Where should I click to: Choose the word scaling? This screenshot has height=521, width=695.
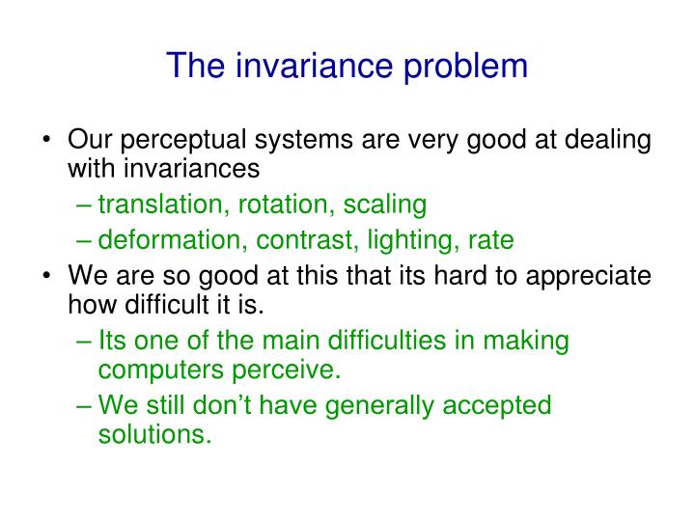coord(382,205)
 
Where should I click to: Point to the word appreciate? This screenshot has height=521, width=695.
coord(590,277)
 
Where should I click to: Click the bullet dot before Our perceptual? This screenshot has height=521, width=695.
coord(48,141)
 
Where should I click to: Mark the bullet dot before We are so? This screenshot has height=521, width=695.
coord(48,277)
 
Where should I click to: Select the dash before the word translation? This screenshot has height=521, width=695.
coord(84,205)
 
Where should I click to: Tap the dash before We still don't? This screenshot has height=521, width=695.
coord(84,405)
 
